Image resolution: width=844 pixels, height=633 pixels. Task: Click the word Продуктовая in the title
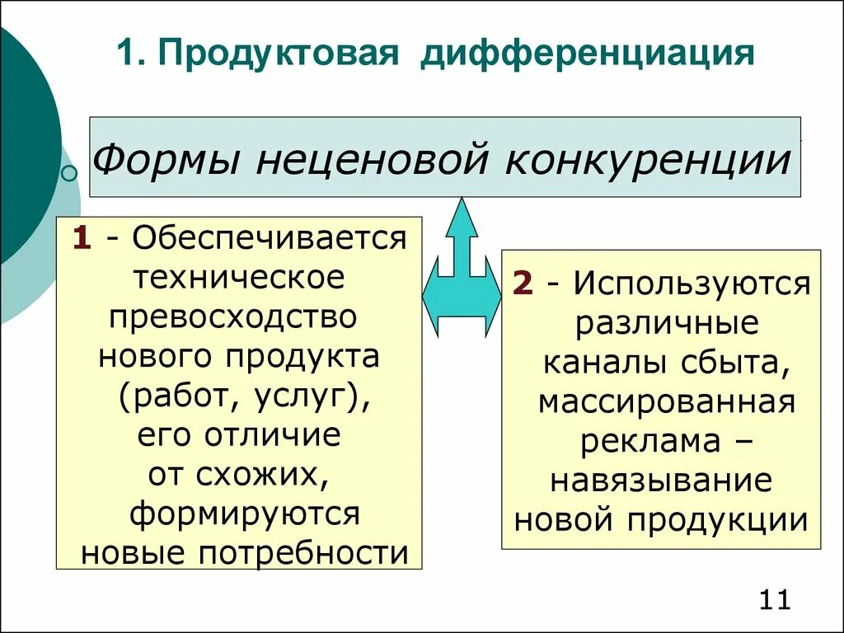coord(280,54)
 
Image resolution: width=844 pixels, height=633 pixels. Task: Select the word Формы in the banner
coord(166,158)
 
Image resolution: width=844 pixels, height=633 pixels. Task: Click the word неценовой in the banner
coord(369,158)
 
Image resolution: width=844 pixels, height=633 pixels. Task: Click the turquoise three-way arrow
coord(462,272)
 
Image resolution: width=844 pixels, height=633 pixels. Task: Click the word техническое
coord(240,277)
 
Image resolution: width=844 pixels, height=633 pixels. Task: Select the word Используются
coord(692,284)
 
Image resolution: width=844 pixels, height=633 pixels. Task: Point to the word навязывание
coord(661,480)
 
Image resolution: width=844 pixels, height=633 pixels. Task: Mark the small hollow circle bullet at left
coord(70,173)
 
